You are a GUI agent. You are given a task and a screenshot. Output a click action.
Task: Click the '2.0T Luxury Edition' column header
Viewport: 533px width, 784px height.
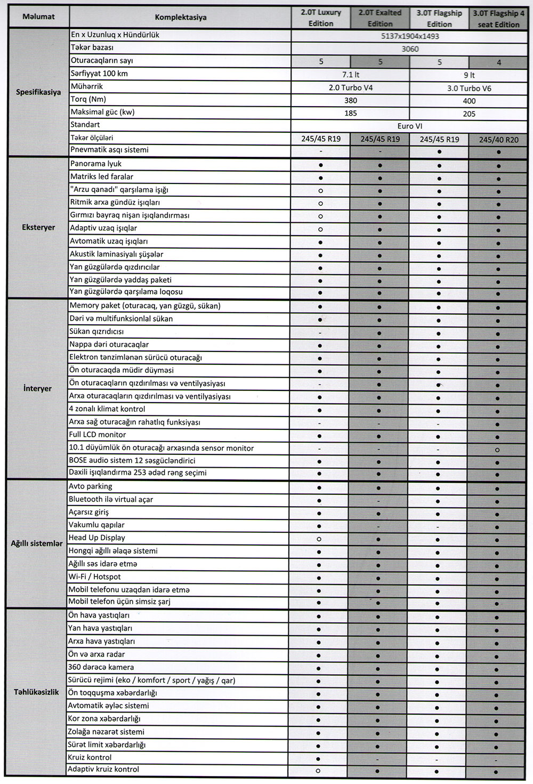point(321,18)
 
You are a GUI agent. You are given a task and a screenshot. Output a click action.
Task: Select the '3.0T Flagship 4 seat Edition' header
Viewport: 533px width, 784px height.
point(498,19)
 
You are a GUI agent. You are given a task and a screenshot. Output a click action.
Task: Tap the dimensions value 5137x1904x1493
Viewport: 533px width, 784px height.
point(410,36)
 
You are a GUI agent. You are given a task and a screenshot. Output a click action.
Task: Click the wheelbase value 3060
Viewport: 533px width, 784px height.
point(410,49)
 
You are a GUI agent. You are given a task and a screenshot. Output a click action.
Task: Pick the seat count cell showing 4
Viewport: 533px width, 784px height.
point(498,62)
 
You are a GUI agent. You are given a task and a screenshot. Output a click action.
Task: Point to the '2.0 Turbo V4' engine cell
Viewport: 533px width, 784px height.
point(351,87)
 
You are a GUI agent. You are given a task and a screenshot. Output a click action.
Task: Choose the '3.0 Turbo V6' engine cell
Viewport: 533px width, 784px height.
point(469,89)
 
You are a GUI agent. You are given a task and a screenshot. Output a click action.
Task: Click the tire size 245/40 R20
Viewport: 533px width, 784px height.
point(498,140)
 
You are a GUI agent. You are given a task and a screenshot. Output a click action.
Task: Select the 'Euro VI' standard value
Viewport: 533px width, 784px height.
point(410,126)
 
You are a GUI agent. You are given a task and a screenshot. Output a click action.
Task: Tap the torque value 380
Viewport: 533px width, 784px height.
point(351,100)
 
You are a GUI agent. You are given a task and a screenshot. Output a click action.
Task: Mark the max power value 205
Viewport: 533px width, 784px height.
point(469,114)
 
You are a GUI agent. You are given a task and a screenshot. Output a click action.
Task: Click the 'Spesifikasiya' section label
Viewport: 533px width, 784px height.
point(38,92)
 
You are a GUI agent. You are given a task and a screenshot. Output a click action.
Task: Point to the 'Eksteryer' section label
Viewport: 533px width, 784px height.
point(38,227)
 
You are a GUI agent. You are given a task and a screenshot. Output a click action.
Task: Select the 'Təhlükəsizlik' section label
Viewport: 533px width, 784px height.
point(36,692)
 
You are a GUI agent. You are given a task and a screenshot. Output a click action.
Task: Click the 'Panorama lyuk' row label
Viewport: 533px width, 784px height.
point(96,164)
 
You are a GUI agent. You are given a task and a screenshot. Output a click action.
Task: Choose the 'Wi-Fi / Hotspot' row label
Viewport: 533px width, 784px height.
point(94,577)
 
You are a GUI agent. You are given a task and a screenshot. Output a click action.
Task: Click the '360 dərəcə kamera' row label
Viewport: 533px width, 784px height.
point(101,667)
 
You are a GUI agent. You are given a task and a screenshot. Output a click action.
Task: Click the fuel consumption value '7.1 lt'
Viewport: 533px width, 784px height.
point(351,75)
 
